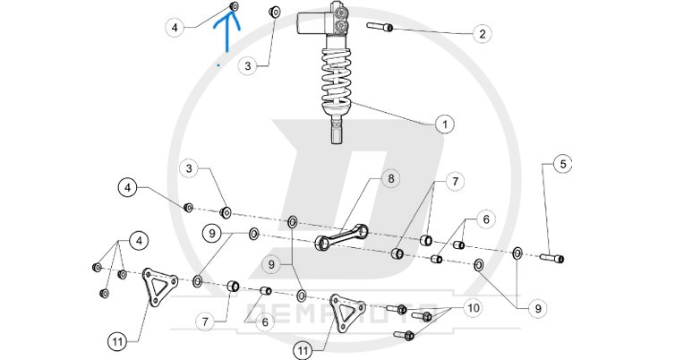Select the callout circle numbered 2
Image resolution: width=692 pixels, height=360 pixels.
click(482, 34)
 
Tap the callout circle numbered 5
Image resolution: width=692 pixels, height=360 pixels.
click(561, 164)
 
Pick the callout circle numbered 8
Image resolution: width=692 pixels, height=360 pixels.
click(390, 178)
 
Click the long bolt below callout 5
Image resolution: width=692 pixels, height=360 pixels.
click(550, 258)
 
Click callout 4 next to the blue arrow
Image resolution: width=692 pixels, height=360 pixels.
click(175, 28)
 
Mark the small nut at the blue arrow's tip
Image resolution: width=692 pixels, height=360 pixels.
click(234, 7)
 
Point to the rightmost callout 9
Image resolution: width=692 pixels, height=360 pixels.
click(537, 307)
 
